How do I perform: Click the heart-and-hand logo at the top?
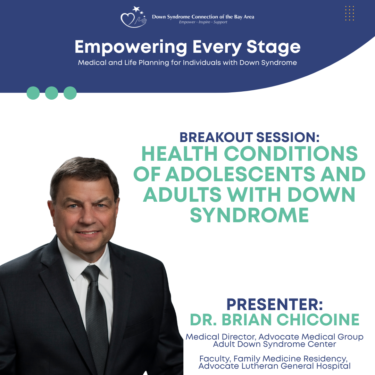pos(133,17)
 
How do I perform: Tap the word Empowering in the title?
pos(131,47)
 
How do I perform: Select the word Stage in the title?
pos(273,47)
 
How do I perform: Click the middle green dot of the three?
pos(52,93)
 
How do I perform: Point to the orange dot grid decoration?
pos(349,13)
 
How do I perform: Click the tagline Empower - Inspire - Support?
pos(203,22)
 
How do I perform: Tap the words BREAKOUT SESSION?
pos(249,137)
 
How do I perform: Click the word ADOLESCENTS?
pos(240,174)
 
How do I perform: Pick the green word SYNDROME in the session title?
pos(249,215)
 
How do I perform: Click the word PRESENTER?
pos(275,304)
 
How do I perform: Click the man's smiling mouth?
pos(87,233)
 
